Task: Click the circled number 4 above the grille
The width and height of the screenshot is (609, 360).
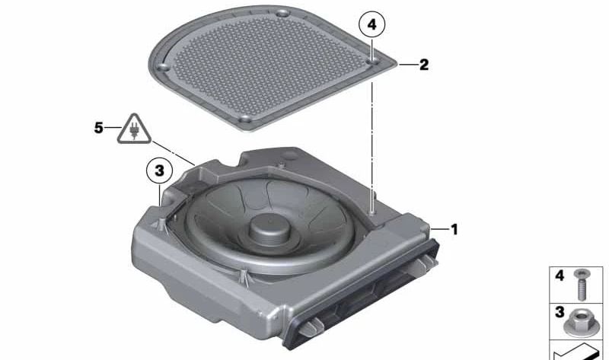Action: [371, 25]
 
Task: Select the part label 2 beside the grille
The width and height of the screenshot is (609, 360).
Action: [424, 65]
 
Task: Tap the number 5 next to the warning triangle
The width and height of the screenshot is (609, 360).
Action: [98, 128]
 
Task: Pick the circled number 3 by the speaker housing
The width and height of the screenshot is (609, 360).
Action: [158, 172]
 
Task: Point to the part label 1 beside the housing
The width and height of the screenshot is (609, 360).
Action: [454, 228]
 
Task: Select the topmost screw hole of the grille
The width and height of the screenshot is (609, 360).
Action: [282, 14]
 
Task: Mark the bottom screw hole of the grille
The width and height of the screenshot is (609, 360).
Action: [245, 120]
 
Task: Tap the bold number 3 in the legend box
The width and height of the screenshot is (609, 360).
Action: [560, 313]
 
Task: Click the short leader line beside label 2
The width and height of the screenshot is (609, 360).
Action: [409, 65]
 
